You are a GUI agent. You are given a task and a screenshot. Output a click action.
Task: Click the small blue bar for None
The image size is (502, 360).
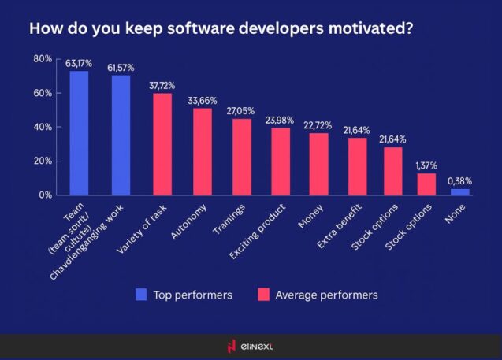point(460,191)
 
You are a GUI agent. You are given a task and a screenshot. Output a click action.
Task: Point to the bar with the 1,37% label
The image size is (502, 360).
point(426,184)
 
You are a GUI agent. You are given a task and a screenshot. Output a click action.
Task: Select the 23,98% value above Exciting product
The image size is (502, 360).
point(281,120)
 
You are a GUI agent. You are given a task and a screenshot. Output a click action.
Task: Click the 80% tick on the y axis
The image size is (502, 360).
point(43,59)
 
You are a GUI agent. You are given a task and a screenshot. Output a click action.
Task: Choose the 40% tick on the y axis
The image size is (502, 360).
point(43,127)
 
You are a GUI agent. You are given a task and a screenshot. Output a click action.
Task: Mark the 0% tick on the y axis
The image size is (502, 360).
point(46,195)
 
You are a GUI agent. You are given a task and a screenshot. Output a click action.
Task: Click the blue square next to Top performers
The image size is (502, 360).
point(141,295)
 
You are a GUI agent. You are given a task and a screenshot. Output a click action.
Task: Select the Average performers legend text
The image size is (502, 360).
point(325,295)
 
